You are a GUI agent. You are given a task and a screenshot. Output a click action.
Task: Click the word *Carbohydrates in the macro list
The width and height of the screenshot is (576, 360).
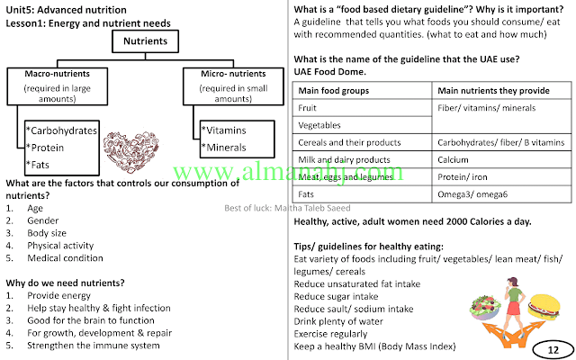pyautogui.click(x=61, y=131)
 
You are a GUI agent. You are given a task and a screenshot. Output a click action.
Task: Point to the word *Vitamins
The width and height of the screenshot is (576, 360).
pyautogui.click(x=224, y=130)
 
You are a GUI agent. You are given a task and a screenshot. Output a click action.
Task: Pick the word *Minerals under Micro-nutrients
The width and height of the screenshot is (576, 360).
pyautogui.click(x=226, y=147)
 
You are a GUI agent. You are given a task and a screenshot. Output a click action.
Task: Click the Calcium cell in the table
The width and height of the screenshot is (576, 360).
pyautogui.click(x=454, y=159)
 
